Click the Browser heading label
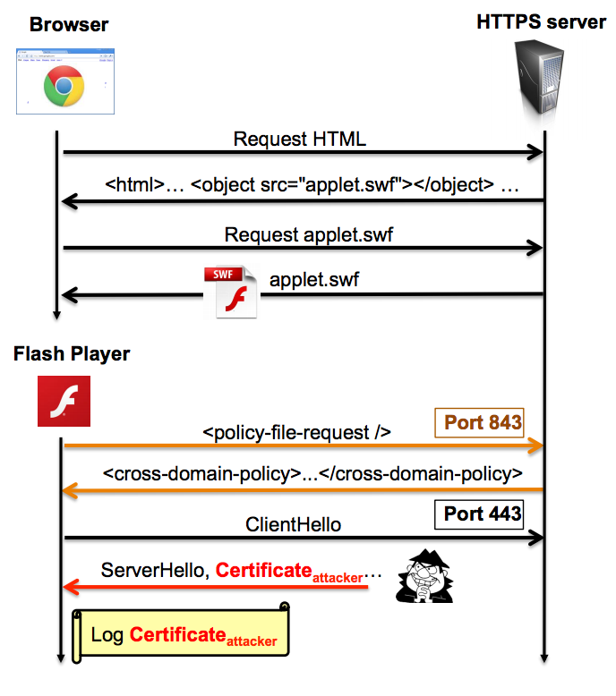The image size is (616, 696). [x=69, y=24]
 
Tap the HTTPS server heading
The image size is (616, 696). [x=542, y=21]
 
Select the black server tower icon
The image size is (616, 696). [x=541, y=80]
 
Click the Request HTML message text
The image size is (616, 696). [x=299, y=139]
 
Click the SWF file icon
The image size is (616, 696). [x=230, y=292]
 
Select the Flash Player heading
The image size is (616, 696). [x=72, y=354]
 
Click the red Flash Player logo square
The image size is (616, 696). [x=64, y=401]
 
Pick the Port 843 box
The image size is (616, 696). [x=478, y=422]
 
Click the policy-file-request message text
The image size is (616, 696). [x=296, y=432]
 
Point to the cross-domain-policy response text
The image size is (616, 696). [x=312, y=473]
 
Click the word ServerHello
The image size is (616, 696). [x=152, y=570]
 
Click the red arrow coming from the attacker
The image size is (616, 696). [x=215, y=588]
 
